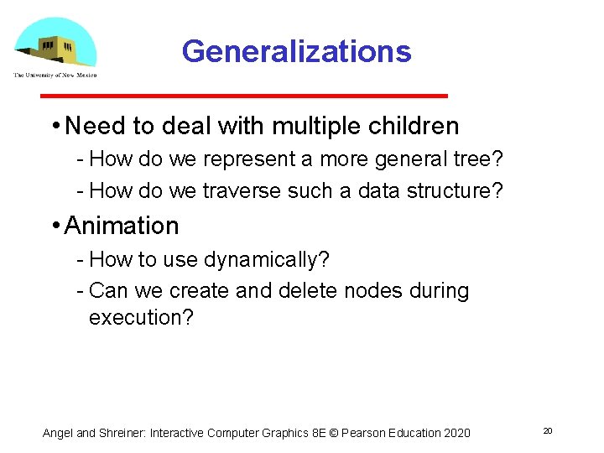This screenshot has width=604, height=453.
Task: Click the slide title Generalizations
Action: point(296,51)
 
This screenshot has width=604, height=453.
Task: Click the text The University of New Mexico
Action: point(55,75)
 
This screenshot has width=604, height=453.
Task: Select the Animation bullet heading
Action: point(122,226)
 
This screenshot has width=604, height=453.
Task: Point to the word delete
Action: point(331,291)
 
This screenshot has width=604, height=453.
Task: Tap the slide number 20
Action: point(547,430)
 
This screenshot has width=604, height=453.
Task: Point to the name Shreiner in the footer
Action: point(122,433)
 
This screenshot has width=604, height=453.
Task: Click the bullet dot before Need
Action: point(55,127)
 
